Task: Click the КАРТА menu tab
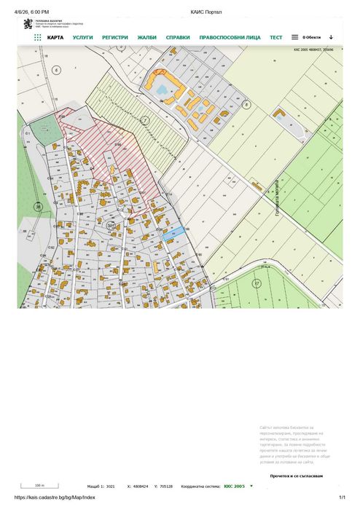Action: [x=55, y=37]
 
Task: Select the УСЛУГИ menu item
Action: [x=83, y=37]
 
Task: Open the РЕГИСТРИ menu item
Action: [x=115, y=37]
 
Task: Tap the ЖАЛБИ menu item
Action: [x=147, y=37]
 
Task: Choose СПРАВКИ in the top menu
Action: [x=178, y=37]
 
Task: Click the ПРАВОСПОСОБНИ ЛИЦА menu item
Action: [x=230, y=37]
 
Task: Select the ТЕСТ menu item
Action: [x=276, y=37]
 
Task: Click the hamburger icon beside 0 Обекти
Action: [x=294, y=36]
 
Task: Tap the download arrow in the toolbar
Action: [x=331, y=36]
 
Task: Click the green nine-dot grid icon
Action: [x=38, y=37]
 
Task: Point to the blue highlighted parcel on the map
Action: [x=173, y=232]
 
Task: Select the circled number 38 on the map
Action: [x=37, y=207]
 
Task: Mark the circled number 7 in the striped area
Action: [x=144, y=119]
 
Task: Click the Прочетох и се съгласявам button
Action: [x=296, y=476]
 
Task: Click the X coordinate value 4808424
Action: [x=141, y=486]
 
